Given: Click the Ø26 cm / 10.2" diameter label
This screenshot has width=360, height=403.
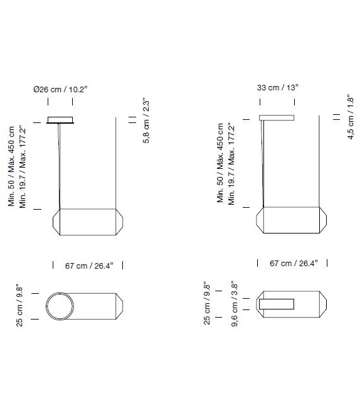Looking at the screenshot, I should coord(60,90).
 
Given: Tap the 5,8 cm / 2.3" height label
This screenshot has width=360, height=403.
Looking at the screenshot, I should coord(146,121).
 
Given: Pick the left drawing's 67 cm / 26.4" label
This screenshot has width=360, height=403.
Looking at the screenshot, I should coord(88,266).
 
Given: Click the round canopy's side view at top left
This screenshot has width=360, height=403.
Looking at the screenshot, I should coord(60,120).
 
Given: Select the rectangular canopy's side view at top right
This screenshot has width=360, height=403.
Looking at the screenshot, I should coord(277,117).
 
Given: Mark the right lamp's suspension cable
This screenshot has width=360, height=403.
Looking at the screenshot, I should coord(263,163).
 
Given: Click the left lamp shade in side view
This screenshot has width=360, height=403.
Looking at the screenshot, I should coord(87,222).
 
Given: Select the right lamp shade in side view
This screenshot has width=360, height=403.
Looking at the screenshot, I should coord(293,219).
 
